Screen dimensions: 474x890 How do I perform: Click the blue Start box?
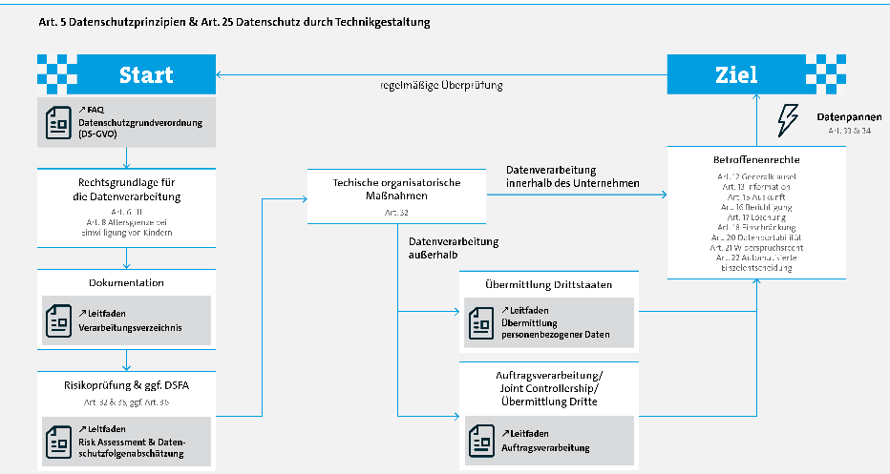pos(145,75)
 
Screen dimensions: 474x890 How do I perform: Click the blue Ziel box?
pos(736,75)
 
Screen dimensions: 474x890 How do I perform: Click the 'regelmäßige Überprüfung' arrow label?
pos(440,86)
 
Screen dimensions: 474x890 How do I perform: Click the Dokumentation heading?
pos(126,282)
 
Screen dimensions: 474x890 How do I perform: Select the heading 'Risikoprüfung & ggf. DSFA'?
pos(126,387)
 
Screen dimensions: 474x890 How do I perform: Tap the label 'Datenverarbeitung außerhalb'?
pos(453,248)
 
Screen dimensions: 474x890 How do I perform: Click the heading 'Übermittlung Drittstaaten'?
pos(548,285)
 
